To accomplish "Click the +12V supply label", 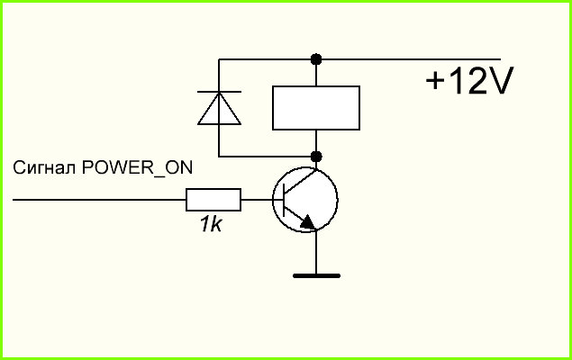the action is [469, 80].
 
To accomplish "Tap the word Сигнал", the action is [44, 167].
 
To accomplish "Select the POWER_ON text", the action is [137, 168].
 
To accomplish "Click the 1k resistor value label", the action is [211, 224].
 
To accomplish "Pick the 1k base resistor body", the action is [213, 200].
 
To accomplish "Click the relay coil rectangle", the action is [316, 108].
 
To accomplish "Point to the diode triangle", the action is [219, 109].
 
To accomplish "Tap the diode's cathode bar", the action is [219, 92].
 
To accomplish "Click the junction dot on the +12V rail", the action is [316, 59].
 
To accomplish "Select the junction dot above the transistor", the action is [316, 157].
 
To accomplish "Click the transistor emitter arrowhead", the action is [307, 222].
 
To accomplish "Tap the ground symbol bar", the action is [316, 275].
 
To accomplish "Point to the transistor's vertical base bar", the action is [284, 200].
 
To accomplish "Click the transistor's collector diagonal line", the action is [300, 180].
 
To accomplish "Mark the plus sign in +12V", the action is [434, 81].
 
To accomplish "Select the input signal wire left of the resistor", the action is [99, 200].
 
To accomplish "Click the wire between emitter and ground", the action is [316, 252].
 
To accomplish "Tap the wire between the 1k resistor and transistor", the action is [257, 200].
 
